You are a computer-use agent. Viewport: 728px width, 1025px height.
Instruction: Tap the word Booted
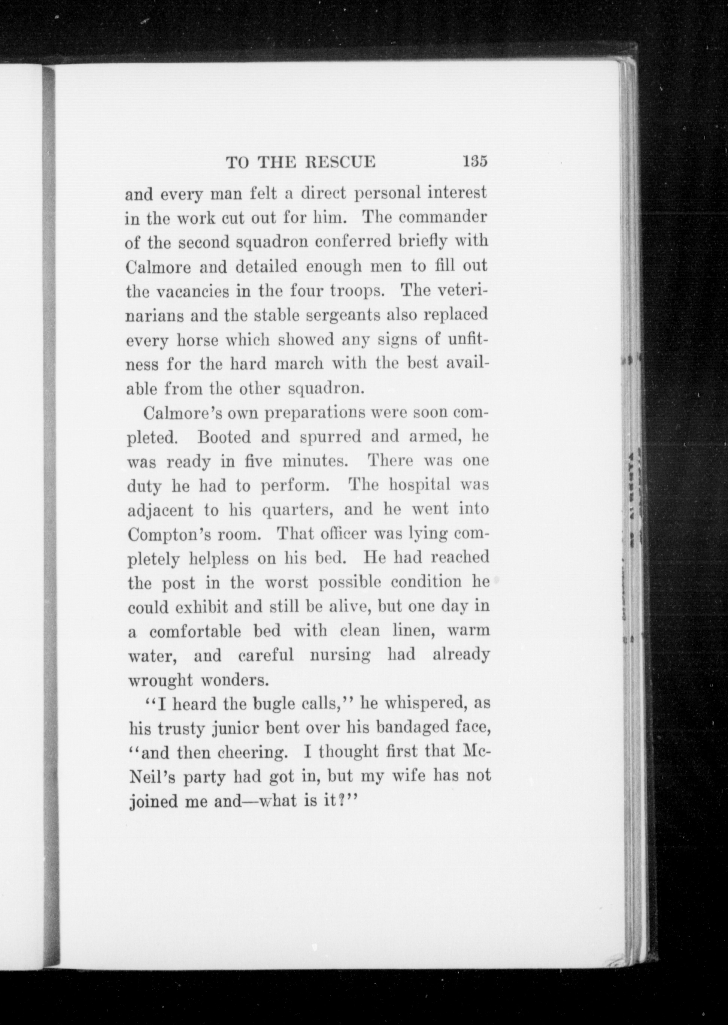[224, 437]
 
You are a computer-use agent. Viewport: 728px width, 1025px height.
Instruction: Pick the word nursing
[340, 656]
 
